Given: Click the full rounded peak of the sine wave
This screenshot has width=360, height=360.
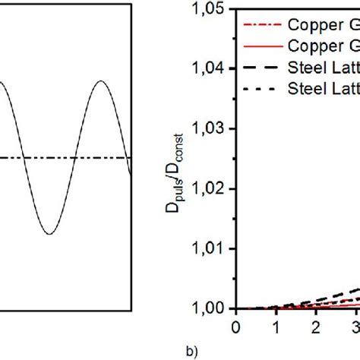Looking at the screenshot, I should (100, 81).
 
